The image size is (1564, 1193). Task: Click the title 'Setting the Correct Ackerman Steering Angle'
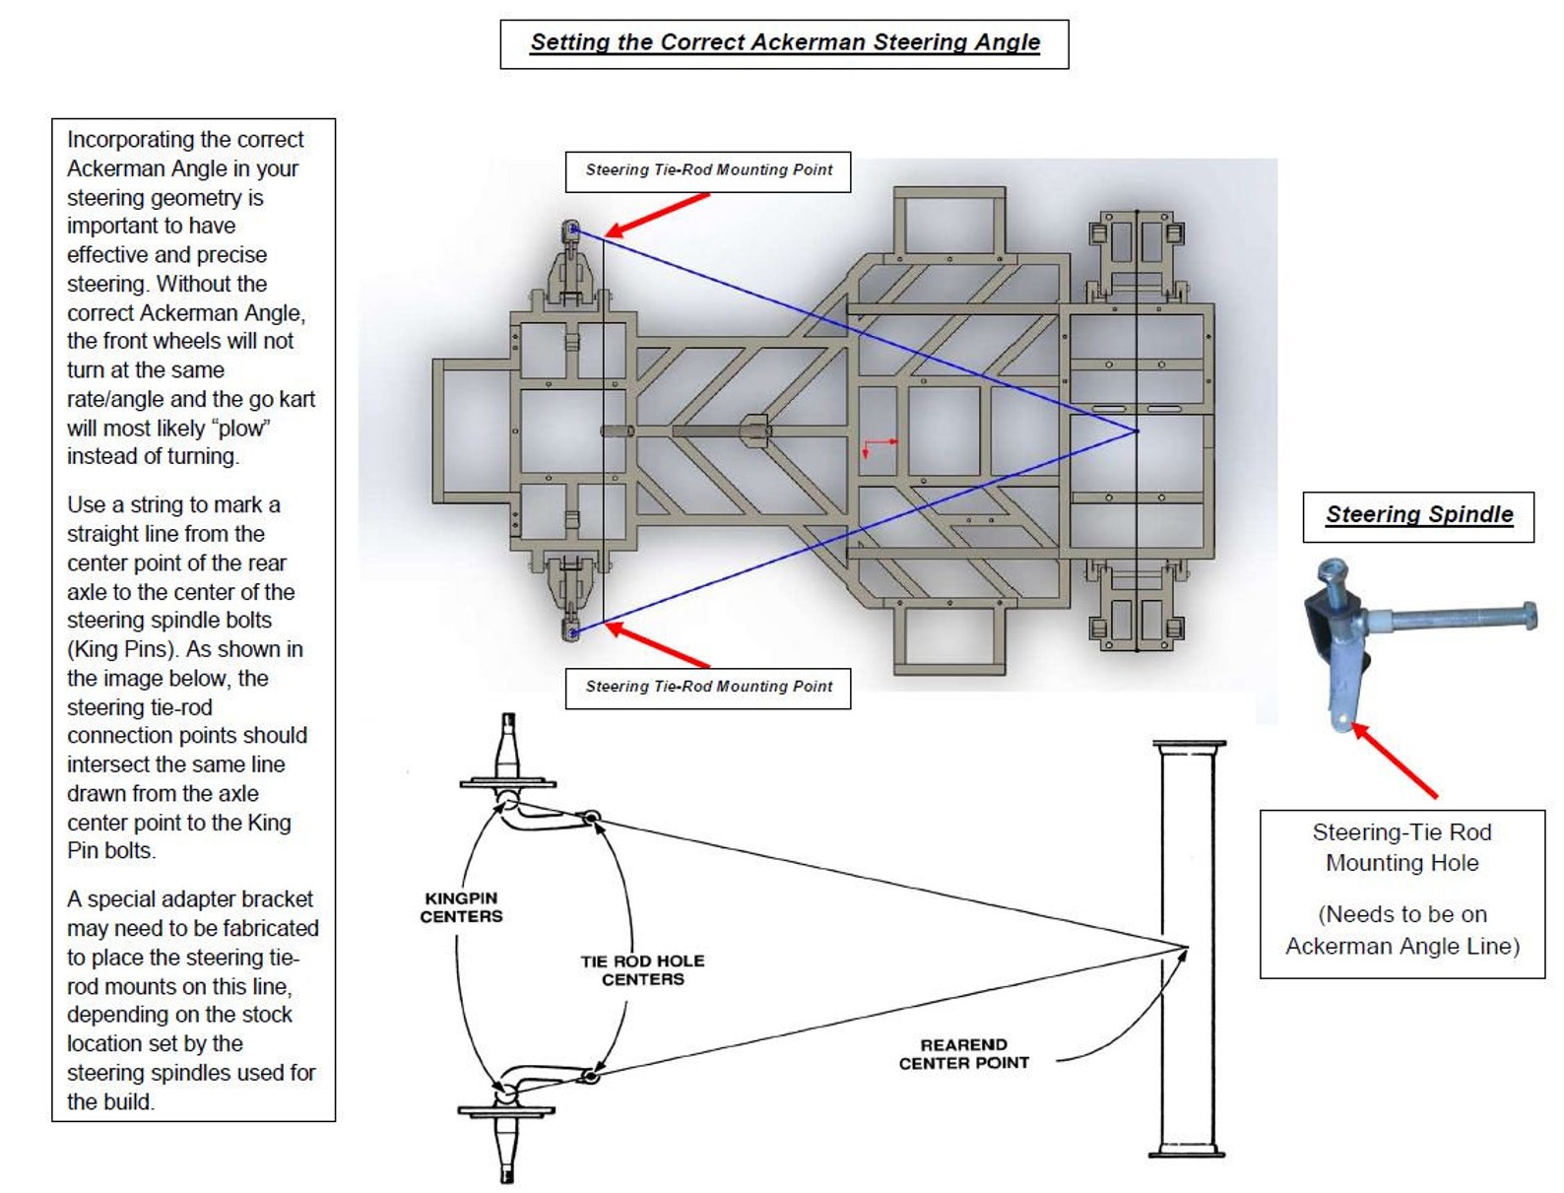[x=784, y=42]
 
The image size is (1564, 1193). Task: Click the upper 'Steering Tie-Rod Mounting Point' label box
[x=707, y=170]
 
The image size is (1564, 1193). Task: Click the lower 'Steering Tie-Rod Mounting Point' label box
[x=707, y=687]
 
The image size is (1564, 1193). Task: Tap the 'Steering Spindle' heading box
[x=1417, y=514]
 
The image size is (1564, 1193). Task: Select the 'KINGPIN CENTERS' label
[x=461, y=906]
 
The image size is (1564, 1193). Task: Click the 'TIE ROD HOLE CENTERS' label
[x=642, y=969]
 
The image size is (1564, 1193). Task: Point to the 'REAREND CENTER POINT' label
[x=963, y=1053]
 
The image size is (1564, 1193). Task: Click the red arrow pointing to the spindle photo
[x=1397, y=762]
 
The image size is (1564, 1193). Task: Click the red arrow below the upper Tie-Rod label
[x=657, y=214]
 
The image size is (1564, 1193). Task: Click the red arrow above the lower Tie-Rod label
[x=657, y=645]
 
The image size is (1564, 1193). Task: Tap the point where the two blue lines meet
[x=1137, y=431]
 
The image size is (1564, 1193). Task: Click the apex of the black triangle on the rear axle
[x=1187, y=949]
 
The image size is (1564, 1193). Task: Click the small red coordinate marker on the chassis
[x=877, y=446]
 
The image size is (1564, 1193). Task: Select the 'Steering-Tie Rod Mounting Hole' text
[x=1401, y=847]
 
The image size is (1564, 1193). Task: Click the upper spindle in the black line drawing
[x=507, y=763]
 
